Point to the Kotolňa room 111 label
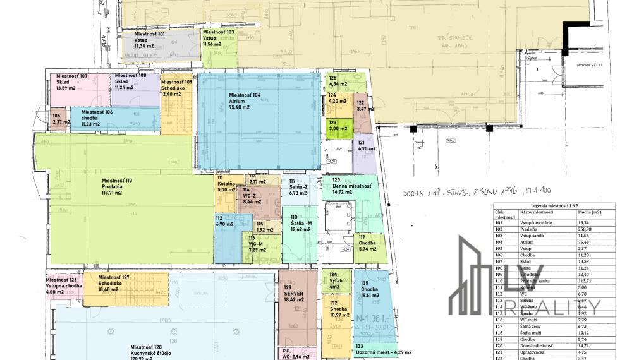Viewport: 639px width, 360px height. point(226,184)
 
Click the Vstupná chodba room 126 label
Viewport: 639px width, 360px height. point(64,285)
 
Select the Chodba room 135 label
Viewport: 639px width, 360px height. point(370,289)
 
